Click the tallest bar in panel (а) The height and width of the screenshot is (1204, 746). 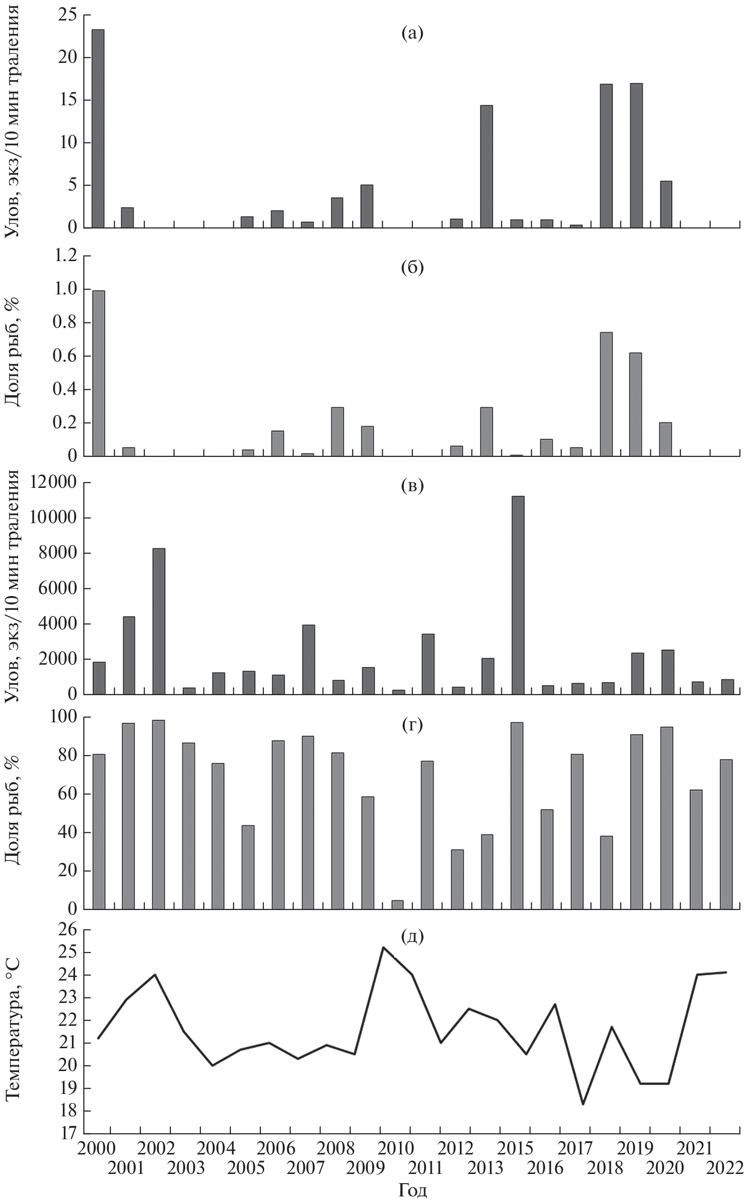pos(98,128)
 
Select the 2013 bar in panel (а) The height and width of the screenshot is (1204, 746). pos(487,166)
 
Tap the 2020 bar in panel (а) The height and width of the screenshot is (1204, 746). pos(666,204)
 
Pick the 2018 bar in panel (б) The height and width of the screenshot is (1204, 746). pos(607,394)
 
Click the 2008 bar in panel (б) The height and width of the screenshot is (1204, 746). pos(338,432)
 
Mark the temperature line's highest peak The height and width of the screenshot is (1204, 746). pos(383,947)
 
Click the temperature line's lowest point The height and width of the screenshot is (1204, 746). pos(583,1104)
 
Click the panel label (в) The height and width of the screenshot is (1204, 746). pos(412,486)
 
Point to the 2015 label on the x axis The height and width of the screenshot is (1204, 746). pos(515,1149)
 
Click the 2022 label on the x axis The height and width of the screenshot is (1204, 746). pos(725,1168)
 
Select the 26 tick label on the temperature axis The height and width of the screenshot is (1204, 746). pos(68,930)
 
